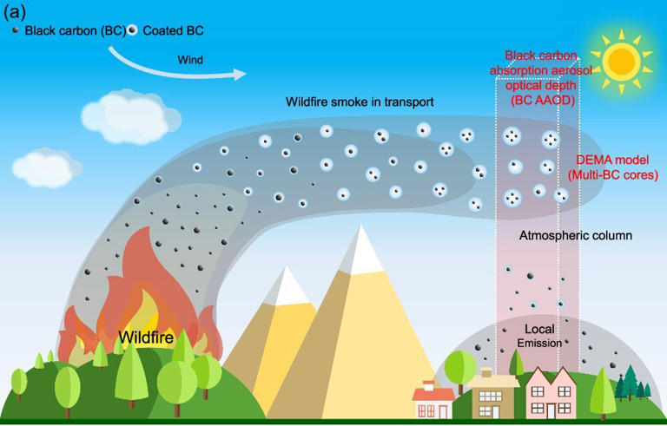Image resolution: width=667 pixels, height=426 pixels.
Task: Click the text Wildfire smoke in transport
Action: click(x=360, y=102)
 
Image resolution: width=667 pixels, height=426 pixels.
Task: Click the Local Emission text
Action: click(x=539, y=336)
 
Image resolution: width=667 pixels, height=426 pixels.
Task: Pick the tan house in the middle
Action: click(x=493, y=395)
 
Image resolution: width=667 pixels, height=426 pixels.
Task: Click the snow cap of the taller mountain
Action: click(x=364, y=247)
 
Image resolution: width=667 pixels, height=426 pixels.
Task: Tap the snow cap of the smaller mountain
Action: click(x=288, y=286)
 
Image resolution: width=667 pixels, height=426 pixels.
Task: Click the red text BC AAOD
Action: click(x=543, y=102)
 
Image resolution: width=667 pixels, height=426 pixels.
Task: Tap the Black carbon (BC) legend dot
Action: click(x=16, y=29)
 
